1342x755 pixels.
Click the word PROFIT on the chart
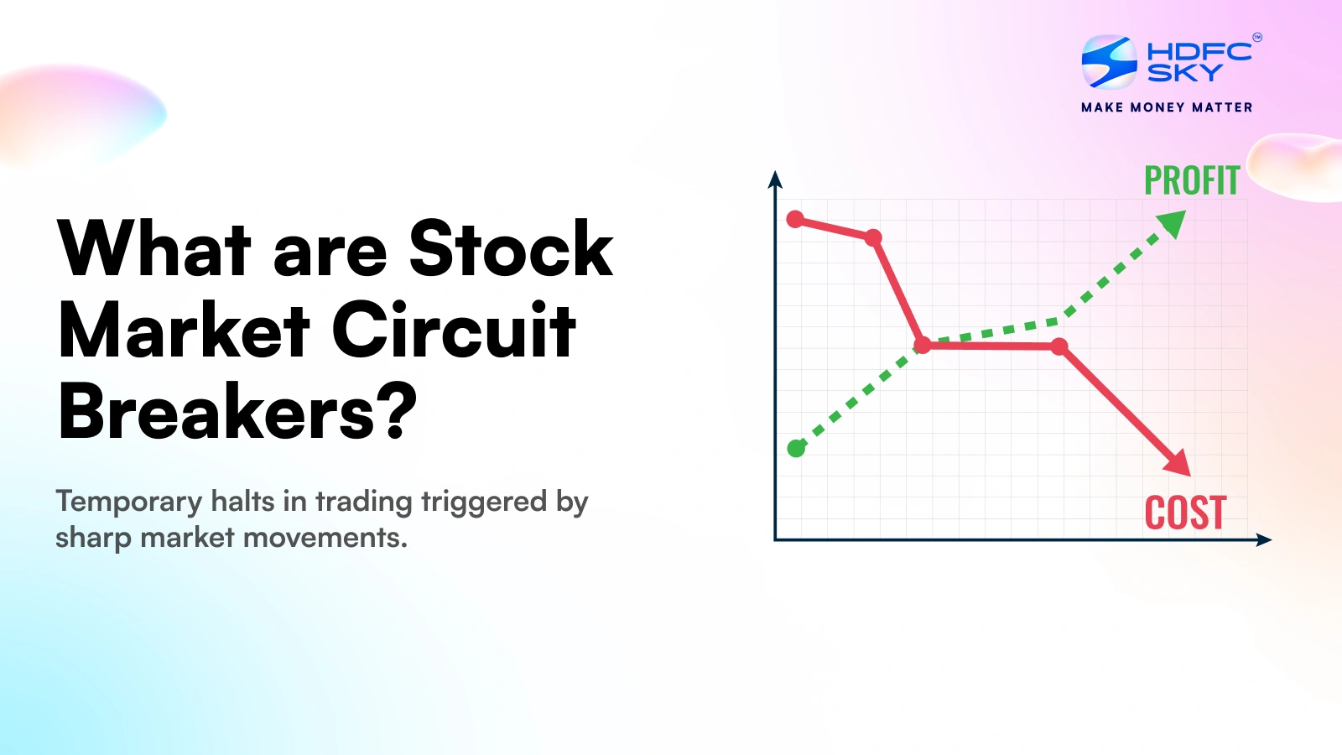[x=1192, y=180]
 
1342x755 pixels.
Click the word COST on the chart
[x=1186, y=513]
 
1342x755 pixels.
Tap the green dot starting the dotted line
[x=796, y=448]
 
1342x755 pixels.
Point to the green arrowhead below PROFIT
[x=1172, y=223]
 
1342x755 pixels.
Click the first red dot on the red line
[x=795, y=219]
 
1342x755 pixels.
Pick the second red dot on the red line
[x=873, y=237]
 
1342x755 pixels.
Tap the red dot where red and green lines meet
[x=923, y=345]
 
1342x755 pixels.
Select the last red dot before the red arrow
[x=1059, y=346]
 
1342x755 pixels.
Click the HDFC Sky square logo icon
[x=1109, y=62]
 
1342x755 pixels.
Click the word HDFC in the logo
[x=1199, y=51]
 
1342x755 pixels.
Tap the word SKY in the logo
[x=1184, y=72]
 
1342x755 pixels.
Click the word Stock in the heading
[x=511, y=248]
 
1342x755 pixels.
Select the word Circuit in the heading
[x=454, y=330]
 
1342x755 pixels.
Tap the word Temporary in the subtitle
[x=129, y=502]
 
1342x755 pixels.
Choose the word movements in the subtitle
[x=325, y=537]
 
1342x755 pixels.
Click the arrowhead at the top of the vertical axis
[x=775, y=180]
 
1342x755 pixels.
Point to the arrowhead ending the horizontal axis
[x=1263, y=540]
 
